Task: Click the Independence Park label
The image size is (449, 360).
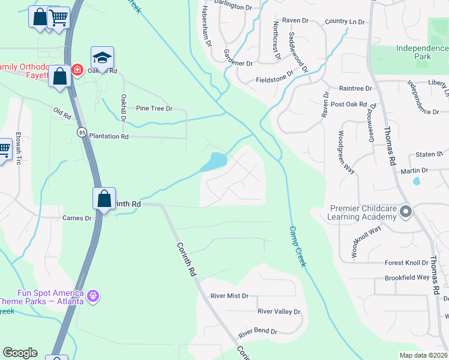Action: tap(414, 52)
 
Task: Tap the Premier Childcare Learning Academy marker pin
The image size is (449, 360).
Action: tap(406, 211)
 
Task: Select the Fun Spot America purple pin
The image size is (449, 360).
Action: tap(92, 295)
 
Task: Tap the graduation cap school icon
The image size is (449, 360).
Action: tap(102, 57)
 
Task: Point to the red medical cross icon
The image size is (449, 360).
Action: tap(77, 70)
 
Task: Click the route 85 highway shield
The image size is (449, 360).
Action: tap(81, 131)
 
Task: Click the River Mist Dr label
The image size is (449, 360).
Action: tap(229, 296)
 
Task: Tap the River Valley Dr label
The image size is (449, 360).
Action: tap(279, 311)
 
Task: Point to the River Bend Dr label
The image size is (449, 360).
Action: tap(258, 331)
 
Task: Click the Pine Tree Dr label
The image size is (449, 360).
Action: tap(154, 109)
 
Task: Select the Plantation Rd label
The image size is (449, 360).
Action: tap(109, 136)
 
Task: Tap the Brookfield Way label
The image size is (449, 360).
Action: tap(408, 278)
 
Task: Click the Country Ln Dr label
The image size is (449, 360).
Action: tap(345, 22)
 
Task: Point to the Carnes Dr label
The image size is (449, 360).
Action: tap(77, 218)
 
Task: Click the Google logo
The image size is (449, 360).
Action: tap(20, 353)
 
